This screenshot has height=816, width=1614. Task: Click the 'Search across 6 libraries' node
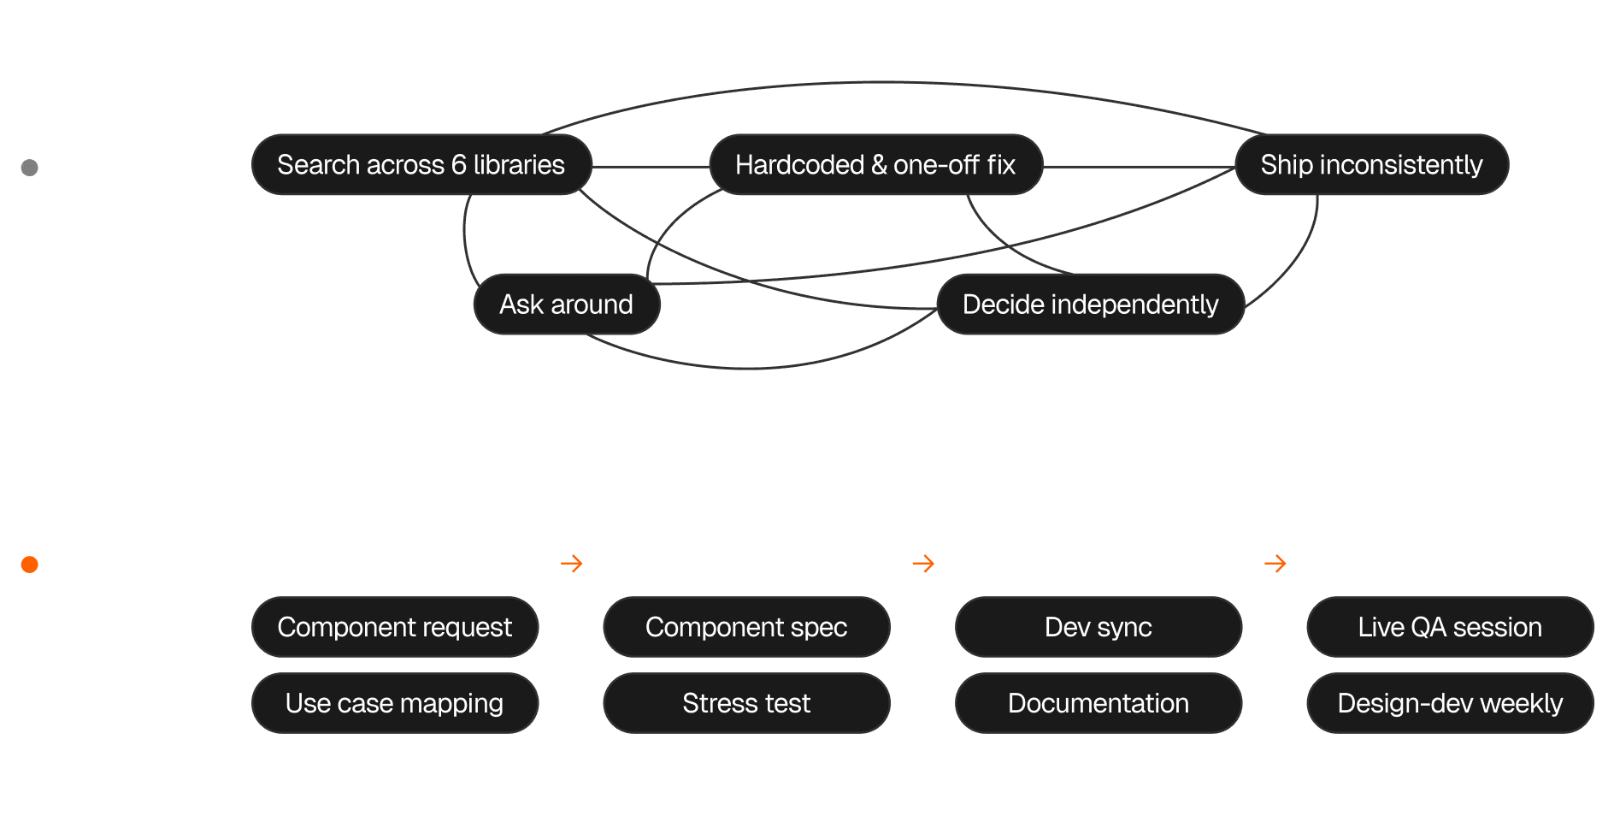tap(421, 164)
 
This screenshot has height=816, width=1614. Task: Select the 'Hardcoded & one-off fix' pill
tap(875, 164)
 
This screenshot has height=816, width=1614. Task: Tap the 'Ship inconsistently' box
tap(1371, 164)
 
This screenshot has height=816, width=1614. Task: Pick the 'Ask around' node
tap(566, 305)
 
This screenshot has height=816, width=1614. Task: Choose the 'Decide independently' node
tap(1090, 305)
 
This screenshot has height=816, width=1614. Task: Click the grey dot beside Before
tap(30, 167)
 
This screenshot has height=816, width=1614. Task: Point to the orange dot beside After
tap(30, 564)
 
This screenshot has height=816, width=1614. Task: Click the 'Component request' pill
tap(394, 627)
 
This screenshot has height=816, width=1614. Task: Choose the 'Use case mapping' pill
tap(394, 703)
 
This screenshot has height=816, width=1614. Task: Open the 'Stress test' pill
tap(746, 703)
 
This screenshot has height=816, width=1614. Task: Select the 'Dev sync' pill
tap(1098, 627)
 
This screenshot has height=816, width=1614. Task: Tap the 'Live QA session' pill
tap(1450, 627)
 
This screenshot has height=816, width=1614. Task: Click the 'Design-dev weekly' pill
tap(1450, 703)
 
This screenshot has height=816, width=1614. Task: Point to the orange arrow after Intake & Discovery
tap(572, 563)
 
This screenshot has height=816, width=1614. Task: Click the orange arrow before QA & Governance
tap(1275, 563)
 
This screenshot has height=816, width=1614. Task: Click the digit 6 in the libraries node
tap(458, 164)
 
